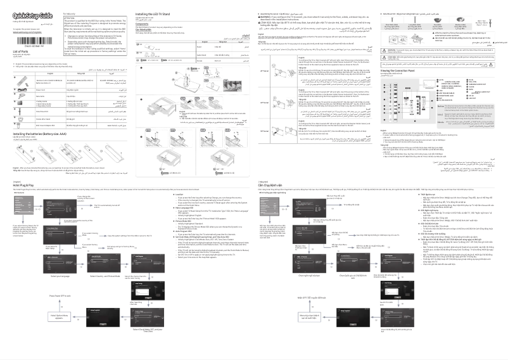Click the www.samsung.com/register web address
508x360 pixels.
tap(25, 32)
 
